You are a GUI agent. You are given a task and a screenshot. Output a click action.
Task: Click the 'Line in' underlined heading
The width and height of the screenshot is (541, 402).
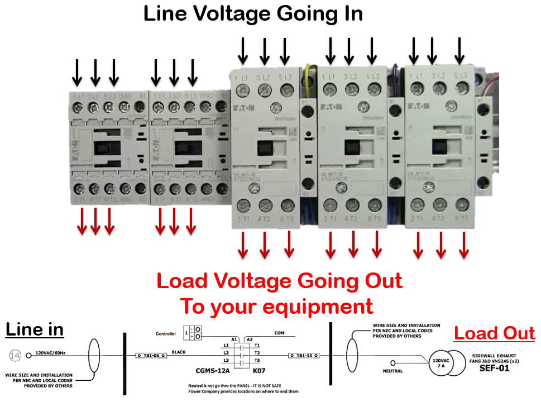click(x=35, y=329)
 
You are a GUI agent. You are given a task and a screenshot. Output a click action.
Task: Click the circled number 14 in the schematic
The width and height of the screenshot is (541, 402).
click(x=15, y=355)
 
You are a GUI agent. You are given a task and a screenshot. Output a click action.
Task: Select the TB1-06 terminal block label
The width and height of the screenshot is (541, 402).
click(x=151, y=355)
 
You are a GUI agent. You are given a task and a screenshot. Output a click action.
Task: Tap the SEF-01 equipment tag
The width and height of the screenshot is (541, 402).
click(x=494, y=368)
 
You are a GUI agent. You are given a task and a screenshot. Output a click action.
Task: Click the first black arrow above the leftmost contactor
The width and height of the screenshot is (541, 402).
click(x=78, y=73)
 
